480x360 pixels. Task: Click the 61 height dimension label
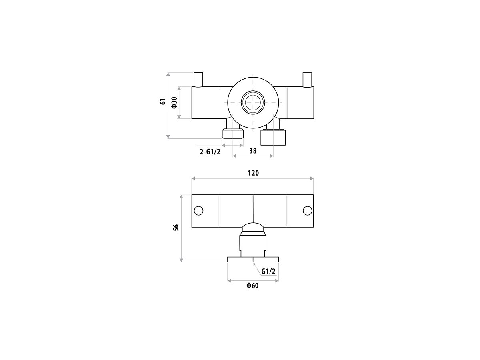click(x=163, y=102)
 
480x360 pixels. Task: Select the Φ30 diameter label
click(x=174, y=103)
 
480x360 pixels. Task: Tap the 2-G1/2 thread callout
click(x=210, y=151)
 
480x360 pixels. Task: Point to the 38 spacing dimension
click(x=253, y=151)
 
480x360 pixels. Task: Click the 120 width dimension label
click(x=253, y=173)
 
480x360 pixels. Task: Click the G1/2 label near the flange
click(x=268, y=272)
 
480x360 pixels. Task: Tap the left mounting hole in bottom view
click(x=198, y=210)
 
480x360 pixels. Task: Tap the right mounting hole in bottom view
click(x=307, y=210)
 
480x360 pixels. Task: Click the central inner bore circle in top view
click(x=253, y=102)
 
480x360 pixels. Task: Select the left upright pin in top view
click(x=199, y=80)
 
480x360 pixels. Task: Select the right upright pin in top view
click(x=307, y=80)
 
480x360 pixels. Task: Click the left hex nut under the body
click(x=232, y=134)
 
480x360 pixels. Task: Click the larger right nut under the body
click(x=274, y=137)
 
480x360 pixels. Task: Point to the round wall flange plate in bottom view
click(x=253, y=260)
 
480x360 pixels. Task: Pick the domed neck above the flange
click(x=253, y=228)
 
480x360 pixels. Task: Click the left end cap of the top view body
click(x=206, y=103)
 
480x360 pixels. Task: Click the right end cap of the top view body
click(x=300, y=103)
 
